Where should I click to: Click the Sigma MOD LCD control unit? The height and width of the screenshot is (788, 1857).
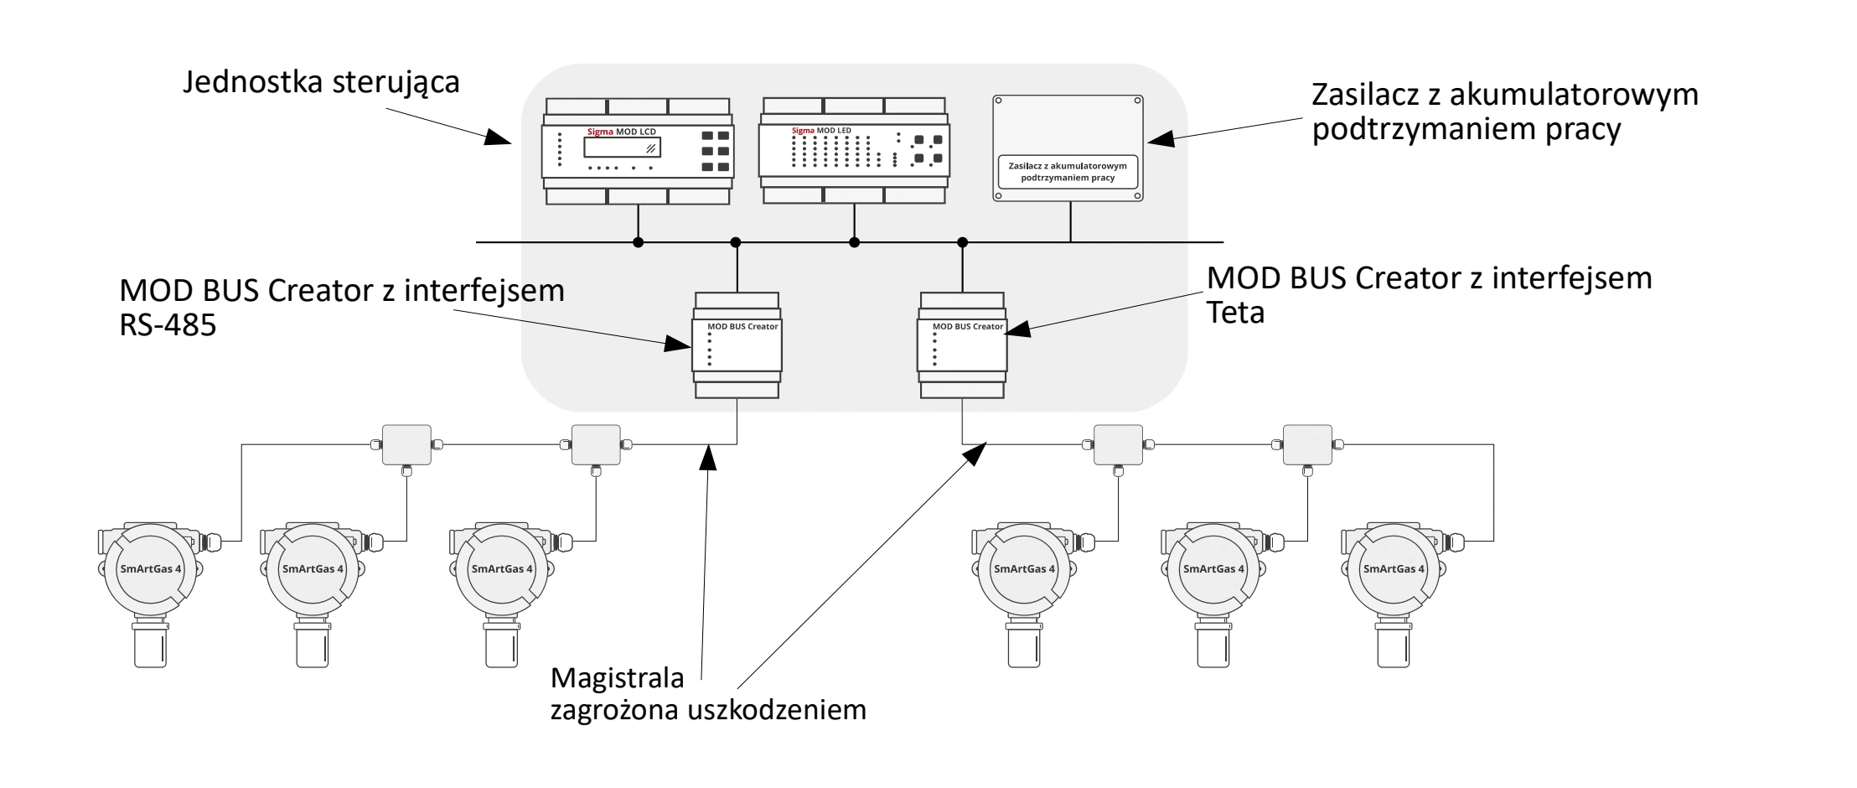click(x=637, y=152)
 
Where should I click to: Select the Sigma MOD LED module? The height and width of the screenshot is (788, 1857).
click(x=854, y=151)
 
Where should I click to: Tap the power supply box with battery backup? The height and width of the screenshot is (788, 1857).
click(x=1068, y=148)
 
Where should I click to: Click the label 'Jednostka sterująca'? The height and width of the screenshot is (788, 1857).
click(x=322, y=82)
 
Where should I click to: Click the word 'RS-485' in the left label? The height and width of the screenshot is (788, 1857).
click(x=168, y=325)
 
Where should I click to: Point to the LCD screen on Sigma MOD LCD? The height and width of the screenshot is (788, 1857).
click(x=622, y=148)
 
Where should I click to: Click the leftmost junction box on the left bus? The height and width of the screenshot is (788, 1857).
click(x=407, y=444)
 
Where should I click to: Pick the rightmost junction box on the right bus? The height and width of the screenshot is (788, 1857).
click(x=1306, y=444)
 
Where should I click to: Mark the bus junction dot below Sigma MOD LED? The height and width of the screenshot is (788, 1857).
click(x=854, y=242)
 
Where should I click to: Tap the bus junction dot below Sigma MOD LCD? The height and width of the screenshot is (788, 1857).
click(x=638, y=242)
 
